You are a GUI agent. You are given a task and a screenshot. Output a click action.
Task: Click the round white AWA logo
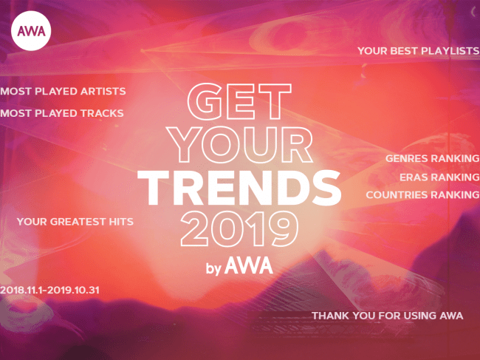tap(31, 31)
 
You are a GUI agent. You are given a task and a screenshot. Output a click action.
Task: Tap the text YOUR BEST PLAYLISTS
tap(418, 51)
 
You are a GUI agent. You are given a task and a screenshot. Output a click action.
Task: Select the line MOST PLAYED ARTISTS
tap(63, 92)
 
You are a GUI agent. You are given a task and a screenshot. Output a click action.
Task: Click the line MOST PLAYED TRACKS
tap(61, 113)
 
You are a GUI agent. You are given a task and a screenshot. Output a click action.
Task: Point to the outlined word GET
tap(239, 102)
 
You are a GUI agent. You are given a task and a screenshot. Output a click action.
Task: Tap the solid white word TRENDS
tap(239, 188)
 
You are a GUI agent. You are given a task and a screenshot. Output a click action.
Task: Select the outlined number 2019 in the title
tap(239, 229)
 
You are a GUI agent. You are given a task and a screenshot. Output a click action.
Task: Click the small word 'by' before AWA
tap(213, 268)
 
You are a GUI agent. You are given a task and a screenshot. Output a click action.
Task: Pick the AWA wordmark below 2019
tap(249, 265)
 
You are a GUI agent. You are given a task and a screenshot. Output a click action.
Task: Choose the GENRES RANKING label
tap(432, 158)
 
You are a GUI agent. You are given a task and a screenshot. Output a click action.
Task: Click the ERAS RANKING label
tap(439, 177)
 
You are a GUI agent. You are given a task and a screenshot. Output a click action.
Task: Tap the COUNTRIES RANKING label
tap(422, 195)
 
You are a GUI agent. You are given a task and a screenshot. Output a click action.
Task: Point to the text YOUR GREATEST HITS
tap(75, 222)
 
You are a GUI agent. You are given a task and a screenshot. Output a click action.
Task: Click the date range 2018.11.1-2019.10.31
tap(49, 291)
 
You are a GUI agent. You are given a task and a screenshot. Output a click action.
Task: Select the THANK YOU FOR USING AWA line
tap(387, 316)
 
